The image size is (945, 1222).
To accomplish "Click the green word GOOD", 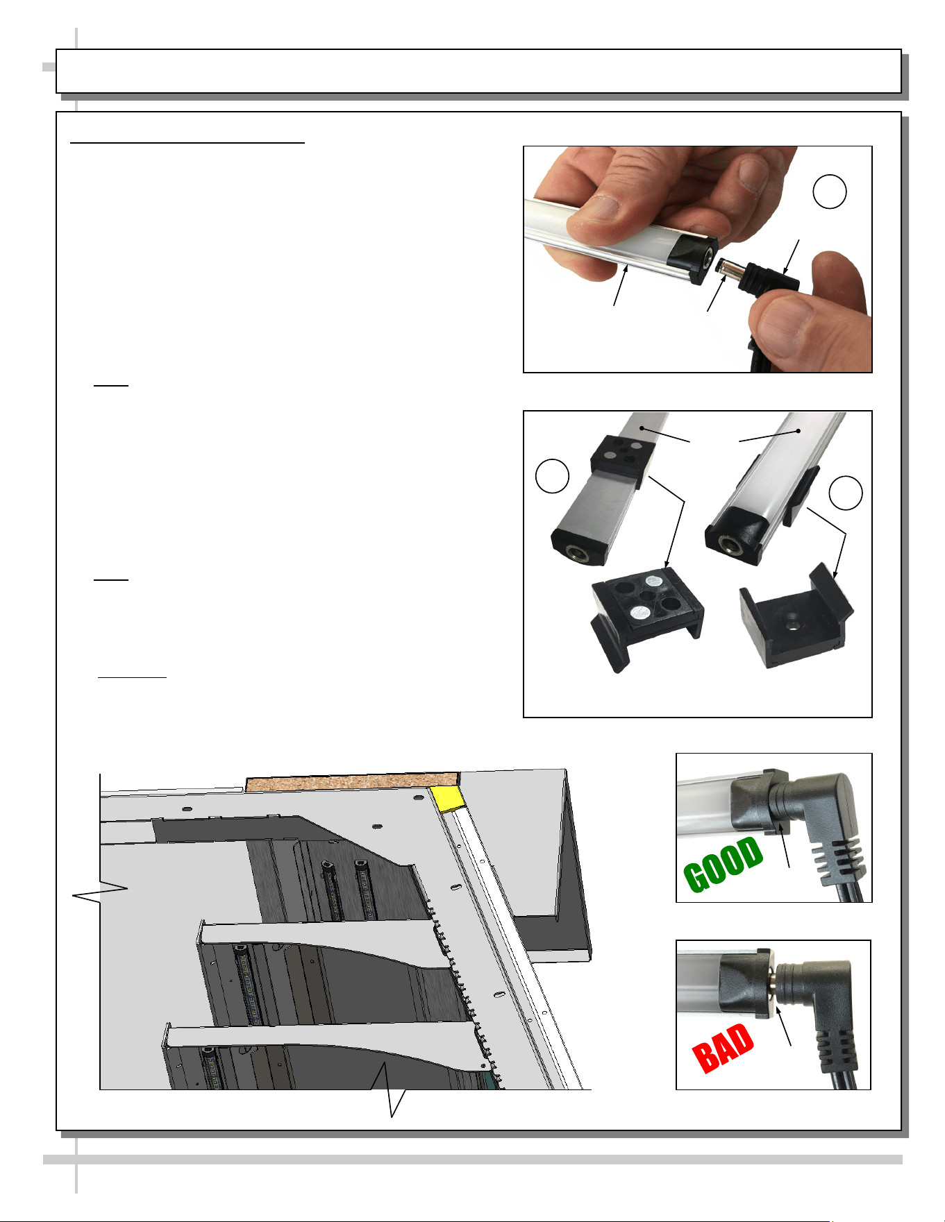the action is [724, 865].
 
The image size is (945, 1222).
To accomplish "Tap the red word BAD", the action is [724, 1048].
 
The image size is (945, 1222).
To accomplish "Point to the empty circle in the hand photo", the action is [830, 192].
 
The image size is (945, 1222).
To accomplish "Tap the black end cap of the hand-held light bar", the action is [694, 260].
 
